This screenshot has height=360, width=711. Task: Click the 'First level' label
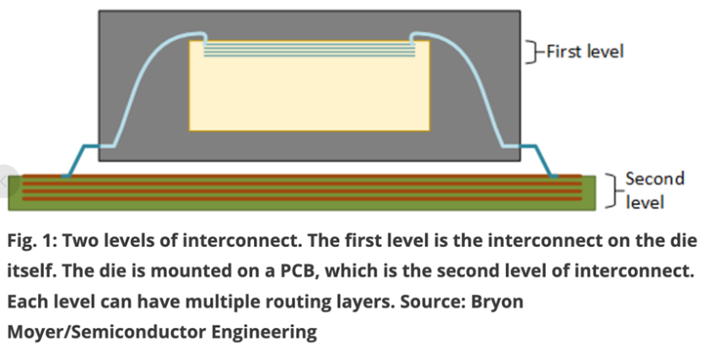coord(584,51)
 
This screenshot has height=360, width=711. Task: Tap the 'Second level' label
coord(644,190)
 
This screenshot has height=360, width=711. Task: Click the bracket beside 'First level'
coord(531,51)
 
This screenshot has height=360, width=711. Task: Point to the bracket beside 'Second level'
coord(612,190)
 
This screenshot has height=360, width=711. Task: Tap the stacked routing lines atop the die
coord(310,50)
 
